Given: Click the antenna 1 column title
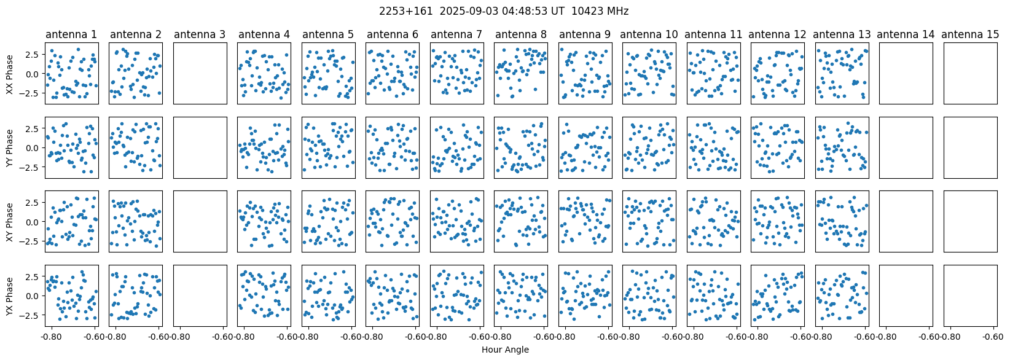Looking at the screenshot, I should [x=71, y=34].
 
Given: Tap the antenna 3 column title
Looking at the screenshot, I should [x=200, y=34].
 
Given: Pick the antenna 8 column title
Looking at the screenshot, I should [x=520, y=34].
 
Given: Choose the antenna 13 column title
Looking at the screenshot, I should [x=842, y=34].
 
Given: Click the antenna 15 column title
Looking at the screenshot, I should [x=970, y=34].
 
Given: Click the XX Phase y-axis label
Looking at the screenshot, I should [x=10, y=74].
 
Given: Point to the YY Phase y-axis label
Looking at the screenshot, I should [x=10, y=147].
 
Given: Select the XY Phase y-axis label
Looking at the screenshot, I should [x=10, y=222].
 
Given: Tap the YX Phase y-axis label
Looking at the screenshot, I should [x=10, y=295].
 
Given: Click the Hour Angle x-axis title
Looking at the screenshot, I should [x=505, y=350].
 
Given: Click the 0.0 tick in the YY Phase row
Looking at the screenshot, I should [x=34, y=148].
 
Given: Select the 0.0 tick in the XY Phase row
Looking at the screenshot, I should [x=34, y=222].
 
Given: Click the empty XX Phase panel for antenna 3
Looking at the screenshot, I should [x=200, y=74].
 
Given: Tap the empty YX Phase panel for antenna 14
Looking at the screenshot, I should [x=906, y=295].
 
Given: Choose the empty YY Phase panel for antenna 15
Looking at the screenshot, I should [x=970, y=147].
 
